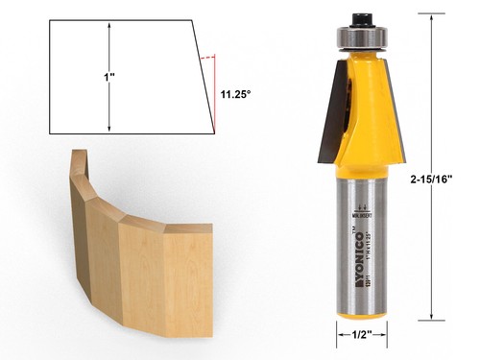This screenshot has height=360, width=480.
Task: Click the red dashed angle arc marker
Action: click(206, 59)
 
